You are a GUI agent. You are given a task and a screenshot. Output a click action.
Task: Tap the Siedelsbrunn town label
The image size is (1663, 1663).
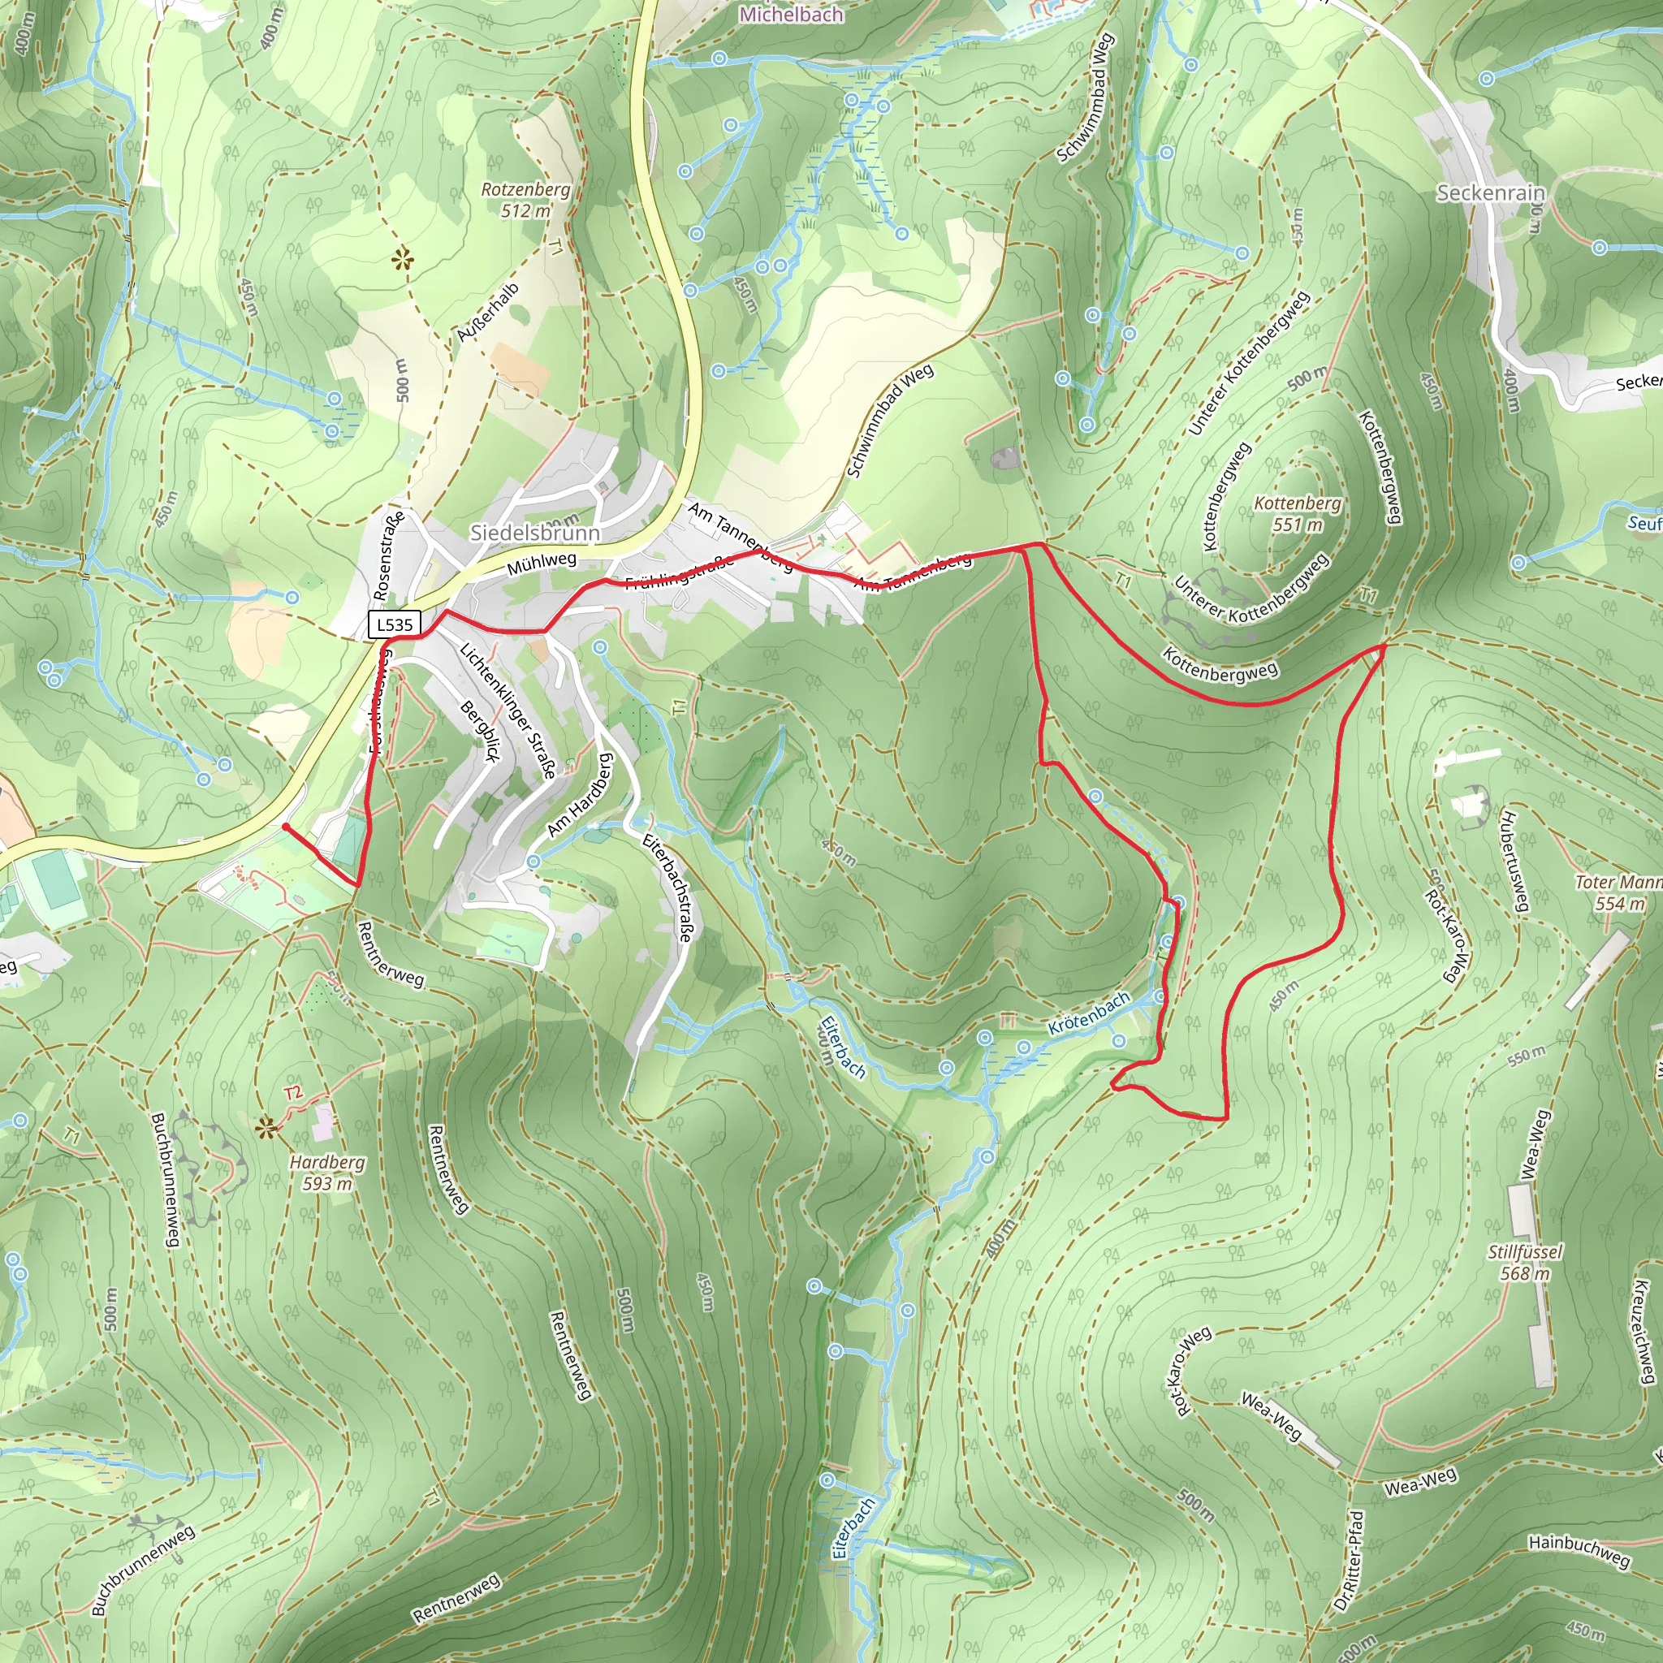[534, 533]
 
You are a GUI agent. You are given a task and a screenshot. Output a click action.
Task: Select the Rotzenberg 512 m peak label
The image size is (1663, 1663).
[525, 199]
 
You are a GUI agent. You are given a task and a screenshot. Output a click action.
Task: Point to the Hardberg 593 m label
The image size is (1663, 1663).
[326, 1173]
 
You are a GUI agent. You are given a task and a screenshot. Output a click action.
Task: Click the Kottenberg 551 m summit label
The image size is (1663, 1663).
[1297, 513]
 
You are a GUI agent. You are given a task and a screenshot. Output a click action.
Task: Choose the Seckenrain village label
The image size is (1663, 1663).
[1491, 192]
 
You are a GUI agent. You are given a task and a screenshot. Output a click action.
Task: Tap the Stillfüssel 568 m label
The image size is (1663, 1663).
[1524, 1262]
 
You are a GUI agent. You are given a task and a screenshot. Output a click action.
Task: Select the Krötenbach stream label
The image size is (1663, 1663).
[1089, 1014]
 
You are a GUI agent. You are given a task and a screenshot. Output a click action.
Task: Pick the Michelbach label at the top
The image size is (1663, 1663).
[791, 14]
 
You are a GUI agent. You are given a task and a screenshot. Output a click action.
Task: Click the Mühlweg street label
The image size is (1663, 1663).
[542, 564]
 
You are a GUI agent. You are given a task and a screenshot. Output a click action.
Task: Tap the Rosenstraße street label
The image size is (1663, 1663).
[389, 555]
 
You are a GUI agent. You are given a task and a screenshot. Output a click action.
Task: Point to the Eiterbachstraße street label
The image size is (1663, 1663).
[667, 888]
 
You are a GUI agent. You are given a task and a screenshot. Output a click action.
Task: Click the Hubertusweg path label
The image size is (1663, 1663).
[1514, 858]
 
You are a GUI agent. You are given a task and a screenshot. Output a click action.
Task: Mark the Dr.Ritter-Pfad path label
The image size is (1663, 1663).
[1348, 1561]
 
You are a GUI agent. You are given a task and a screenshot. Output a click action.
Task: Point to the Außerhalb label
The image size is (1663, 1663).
[488, 313]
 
